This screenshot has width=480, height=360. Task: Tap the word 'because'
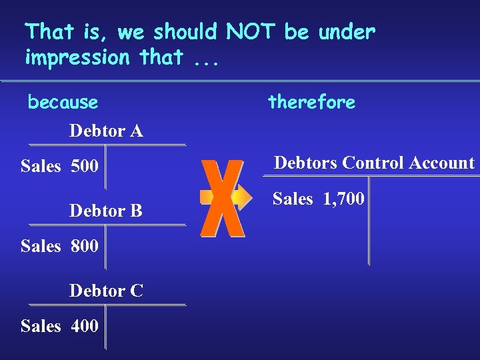pos(63,103)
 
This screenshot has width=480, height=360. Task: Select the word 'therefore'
pos(311,102)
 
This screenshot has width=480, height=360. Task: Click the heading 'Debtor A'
pos(106,131)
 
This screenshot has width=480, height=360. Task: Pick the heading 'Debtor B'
pos(106,211)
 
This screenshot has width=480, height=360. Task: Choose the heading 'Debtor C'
pos(106,291)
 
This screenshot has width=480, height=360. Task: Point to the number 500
pos(85,166)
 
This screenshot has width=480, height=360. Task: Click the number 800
pos(85,246)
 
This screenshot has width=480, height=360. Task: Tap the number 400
pos(85,326)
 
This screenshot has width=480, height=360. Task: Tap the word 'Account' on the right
pos(443,163)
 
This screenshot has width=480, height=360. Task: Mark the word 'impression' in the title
pos(77,58)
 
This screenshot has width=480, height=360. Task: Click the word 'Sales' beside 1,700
pos(293,198)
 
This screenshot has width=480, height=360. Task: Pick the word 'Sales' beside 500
pos(41,166)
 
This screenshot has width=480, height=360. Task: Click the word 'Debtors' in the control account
pos(305,163)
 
